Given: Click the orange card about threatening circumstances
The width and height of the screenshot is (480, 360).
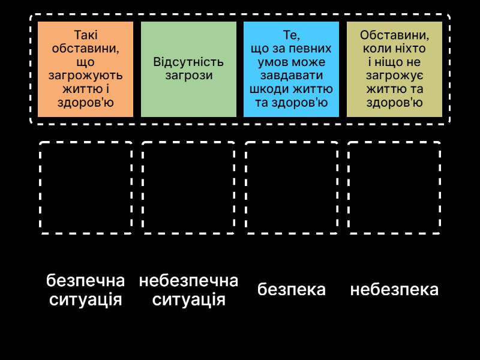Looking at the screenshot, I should tap(85, 69).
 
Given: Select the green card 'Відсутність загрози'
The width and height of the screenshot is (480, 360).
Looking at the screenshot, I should tap(188, 69).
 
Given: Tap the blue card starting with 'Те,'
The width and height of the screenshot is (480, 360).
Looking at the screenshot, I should tap(291, 69).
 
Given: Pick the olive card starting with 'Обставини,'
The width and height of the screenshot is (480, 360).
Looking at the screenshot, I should tap(394, 69).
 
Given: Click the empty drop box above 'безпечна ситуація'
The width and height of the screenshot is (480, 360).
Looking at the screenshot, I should tap(86, 187).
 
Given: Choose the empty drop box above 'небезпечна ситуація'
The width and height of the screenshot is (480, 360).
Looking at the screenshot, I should tap(188, 187).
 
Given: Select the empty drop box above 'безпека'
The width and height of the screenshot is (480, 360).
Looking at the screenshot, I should tap(292, 187).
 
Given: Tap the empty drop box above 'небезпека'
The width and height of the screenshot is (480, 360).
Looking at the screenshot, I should tap(394, 187).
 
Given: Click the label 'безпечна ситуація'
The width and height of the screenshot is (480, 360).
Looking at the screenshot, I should tap(86, 290).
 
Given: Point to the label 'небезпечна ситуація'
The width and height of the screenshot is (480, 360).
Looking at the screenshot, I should tap(188, 290).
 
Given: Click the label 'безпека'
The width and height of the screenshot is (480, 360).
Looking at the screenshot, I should tap(292, 290).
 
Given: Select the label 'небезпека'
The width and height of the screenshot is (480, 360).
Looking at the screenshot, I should tap(394, 290).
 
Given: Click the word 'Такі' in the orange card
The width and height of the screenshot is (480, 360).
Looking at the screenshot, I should tap(85, 35).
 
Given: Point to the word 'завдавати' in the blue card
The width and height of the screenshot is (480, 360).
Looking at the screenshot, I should tap(291, 76).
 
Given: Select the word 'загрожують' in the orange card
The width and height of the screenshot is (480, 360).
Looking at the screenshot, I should tap(85, 76).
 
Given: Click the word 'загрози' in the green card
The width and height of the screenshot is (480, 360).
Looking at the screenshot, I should tap(188, 76).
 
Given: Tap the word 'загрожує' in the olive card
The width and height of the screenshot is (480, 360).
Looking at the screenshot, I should tap(394, 76).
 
